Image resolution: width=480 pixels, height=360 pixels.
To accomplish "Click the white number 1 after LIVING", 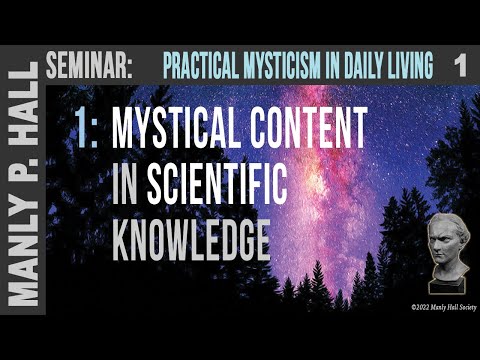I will click(459, 67).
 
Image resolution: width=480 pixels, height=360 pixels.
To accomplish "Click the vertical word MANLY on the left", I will click(25, 270).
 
